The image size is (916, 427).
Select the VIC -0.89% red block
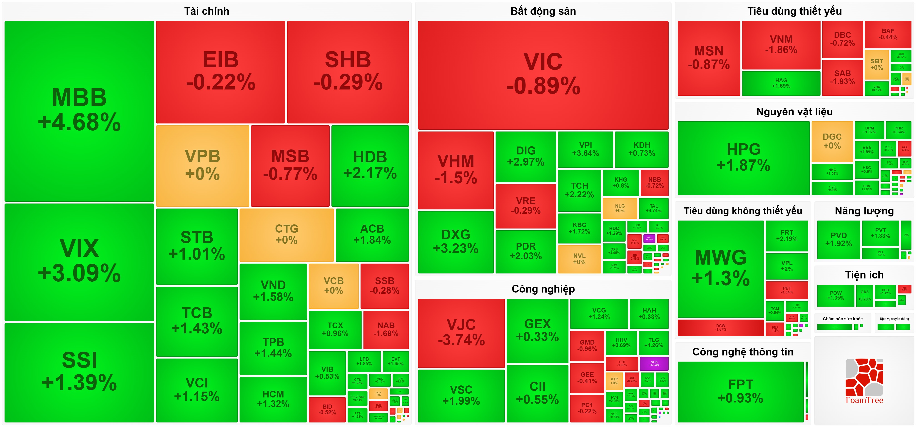tap(543, 75)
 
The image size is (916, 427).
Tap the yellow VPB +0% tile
tap(202, 166)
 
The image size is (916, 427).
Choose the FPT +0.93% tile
tap(740, 391)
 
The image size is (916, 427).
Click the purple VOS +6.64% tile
tap(654, 363)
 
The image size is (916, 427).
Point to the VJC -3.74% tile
tap(461, 333)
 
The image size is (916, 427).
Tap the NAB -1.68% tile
tap(386, 330)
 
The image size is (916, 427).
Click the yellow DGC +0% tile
tap(832, 142)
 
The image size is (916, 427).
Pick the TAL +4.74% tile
tap(654, 208)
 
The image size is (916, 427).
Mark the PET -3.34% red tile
tap(787, 290)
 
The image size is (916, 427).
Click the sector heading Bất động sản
tap(543, 11)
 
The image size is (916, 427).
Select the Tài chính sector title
tap(207, 11)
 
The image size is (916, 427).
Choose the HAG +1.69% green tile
tap(781, 83)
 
